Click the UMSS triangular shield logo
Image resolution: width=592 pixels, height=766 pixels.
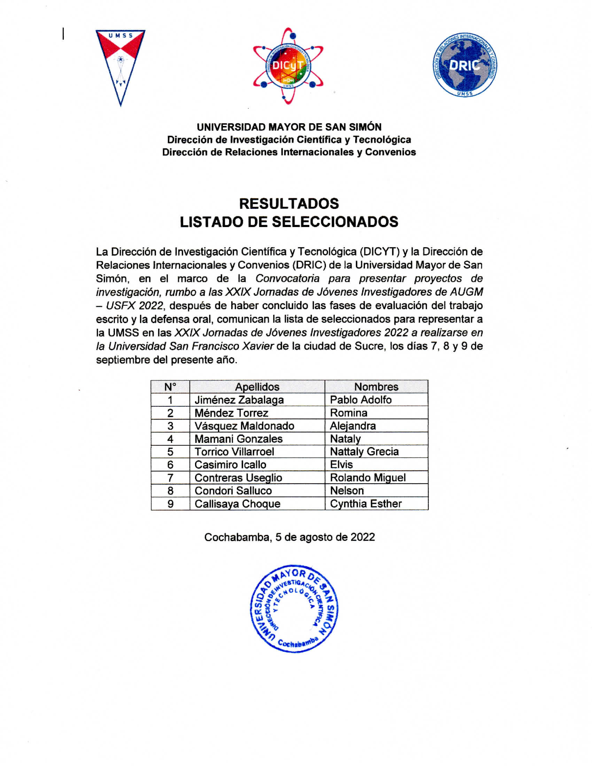[120, 67]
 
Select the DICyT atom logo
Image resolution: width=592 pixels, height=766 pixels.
[288, 66]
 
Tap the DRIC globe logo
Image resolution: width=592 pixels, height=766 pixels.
[465, 65]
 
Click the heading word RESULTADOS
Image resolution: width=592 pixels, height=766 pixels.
[289, 204]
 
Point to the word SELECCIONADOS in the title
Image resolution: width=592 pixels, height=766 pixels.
[335, 222]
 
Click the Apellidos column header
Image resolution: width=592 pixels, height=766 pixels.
[257, 387]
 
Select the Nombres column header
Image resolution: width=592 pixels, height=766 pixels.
[376, 387]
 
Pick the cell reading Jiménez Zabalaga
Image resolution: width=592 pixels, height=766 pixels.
[239, 400]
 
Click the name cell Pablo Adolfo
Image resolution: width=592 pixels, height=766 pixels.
[360, 400]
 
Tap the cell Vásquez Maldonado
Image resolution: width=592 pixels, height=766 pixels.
[244, 426]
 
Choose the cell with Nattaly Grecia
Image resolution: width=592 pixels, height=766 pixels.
[364, 452]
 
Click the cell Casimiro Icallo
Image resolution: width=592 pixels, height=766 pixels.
[230, 465]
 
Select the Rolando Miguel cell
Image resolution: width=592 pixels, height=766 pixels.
[367, 478]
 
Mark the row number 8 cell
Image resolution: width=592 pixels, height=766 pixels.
[170, 491]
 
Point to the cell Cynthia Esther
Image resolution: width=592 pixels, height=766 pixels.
[365, 504]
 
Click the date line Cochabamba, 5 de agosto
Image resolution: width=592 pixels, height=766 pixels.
[289, 537]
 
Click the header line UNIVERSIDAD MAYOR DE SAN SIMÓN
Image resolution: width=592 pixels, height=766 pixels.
[289, 127]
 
